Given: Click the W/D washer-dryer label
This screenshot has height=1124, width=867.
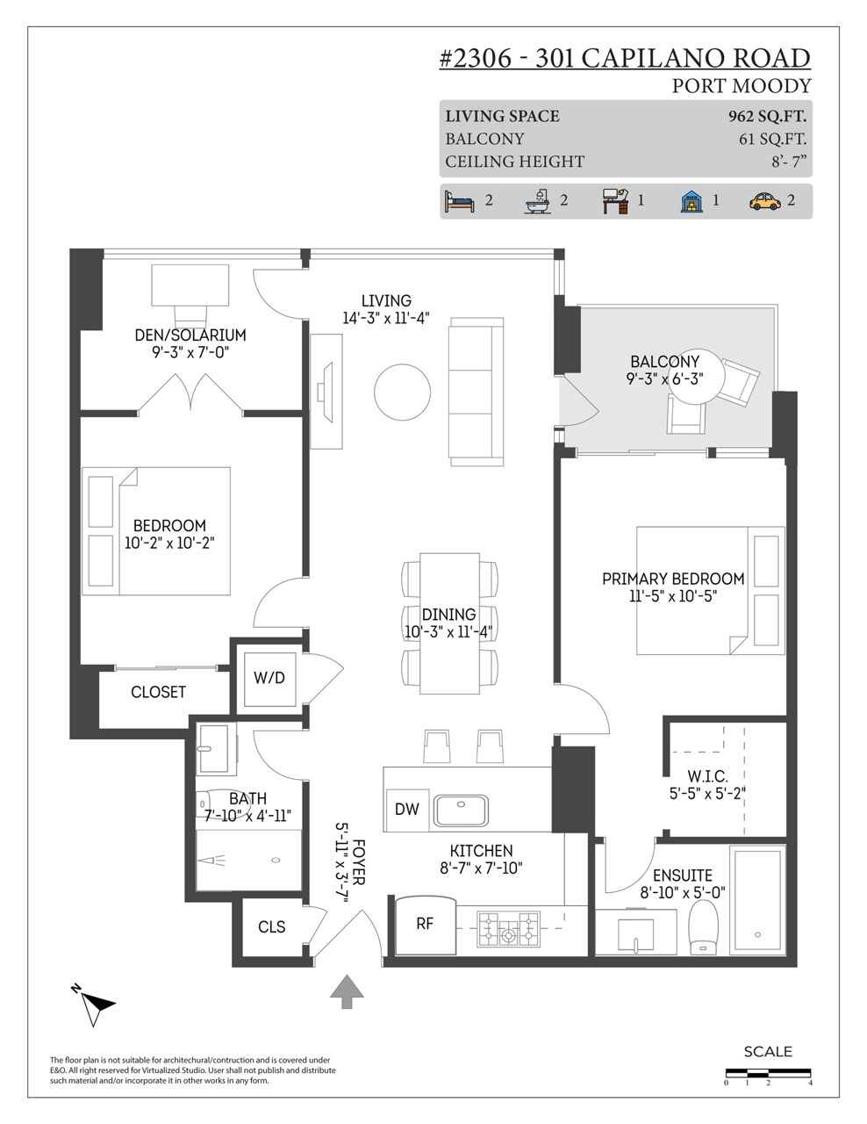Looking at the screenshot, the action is (x=269, y=678).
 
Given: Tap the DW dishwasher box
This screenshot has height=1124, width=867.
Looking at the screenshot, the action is (x=407, y=810).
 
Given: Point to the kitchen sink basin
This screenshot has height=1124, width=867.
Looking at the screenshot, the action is (x=461, y=811).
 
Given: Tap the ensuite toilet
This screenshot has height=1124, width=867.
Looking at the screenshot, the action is (x=704, y=928).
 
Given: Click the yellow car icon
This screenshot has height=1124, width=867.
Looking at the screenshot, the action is (x=764, y=201).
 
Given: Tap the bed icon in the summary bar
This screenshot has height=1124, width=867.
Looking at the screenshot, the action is (x=459, y=201).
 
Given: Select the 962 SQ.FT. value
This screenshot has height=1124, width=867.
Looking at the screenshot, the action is (x=767, y=117).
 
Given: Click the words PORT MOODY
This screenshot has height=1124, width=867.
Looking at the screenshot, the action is (x=742, y=86).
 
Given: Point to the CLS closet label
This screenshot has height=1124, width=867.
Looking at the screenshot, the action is (x=272, y=927).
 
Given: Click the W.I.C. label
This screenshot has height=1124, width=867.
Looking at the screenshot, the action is (x=708, y=776).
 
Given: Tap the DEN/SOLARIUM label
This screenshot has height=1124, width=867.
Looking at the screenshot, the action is (x=190, y=335).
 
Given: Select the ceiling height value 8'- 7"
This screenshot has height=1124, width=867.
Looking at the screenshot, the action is (x=789, y=162).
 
